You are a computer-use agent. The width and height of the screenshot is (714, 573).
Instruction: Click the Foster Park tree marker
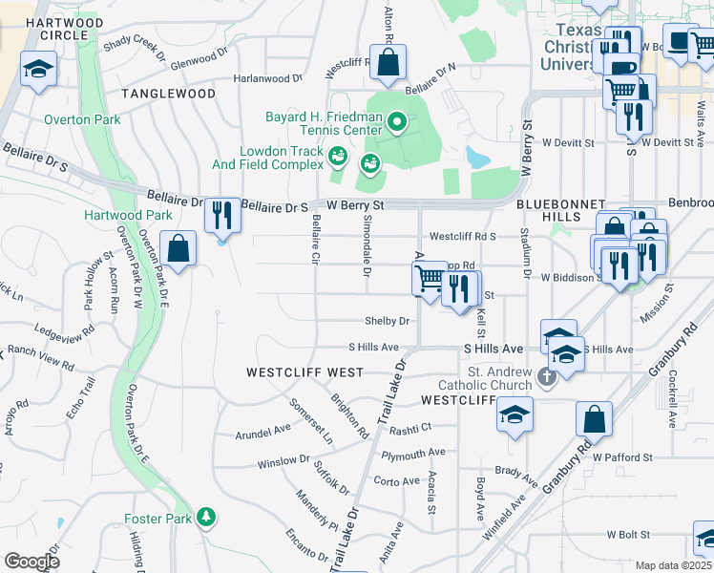(205, 518)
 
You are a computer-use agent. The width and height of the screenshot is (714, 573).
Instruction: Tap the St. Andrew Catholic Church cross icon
(546, 376)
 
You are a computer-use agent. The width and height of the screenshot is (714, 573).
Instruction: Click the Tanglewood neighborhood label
(168, 94)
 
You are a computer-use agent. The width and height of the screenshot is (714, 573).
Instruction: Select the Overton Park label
(81, 120)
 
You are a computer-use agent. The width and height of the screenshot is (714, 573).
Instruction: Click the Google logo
(31, 562)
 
